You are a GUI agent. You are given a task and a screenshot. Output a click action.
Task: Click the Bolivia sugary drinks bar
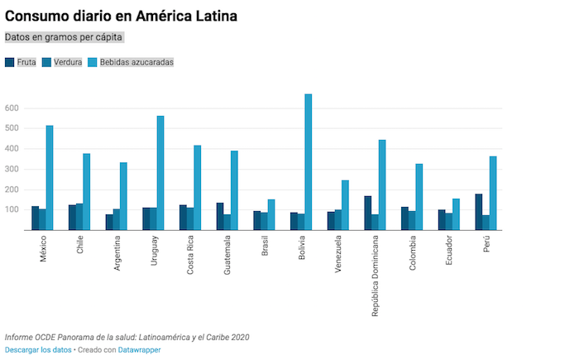(309, 162)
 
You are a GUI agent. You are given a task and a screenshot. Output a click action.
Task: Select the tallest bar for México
(50, 178)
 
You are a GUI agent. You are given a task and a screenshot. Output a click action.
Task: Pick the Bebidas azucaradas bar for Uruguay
(160, 173)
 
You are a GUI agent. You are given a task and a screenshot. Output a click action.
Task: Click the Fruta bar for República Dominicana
(367, 213)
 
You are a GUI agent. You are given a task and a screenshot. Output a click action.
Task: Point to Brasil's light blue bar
(271, 214)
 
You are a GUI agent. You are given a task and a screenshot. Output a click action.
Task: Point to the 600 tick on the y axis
(12, 108)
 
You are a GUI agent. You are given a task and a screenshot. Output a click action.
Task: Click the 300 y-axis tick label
(12, 170)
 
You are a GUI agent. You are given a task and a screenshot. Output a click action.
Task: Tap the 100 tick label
(12, 210)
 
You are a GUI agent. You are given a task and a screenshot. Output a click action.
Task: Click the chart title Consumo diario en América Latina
(121, 16)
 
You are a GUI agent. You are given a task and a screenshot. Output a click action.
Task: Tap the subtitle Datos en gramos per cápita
(64, 37)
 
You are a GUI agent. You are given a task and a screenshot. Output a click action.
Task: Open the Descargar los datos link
(38, 350)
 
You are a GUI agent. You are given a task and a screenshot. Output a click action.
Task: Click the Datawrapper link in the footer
(139, 350)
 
